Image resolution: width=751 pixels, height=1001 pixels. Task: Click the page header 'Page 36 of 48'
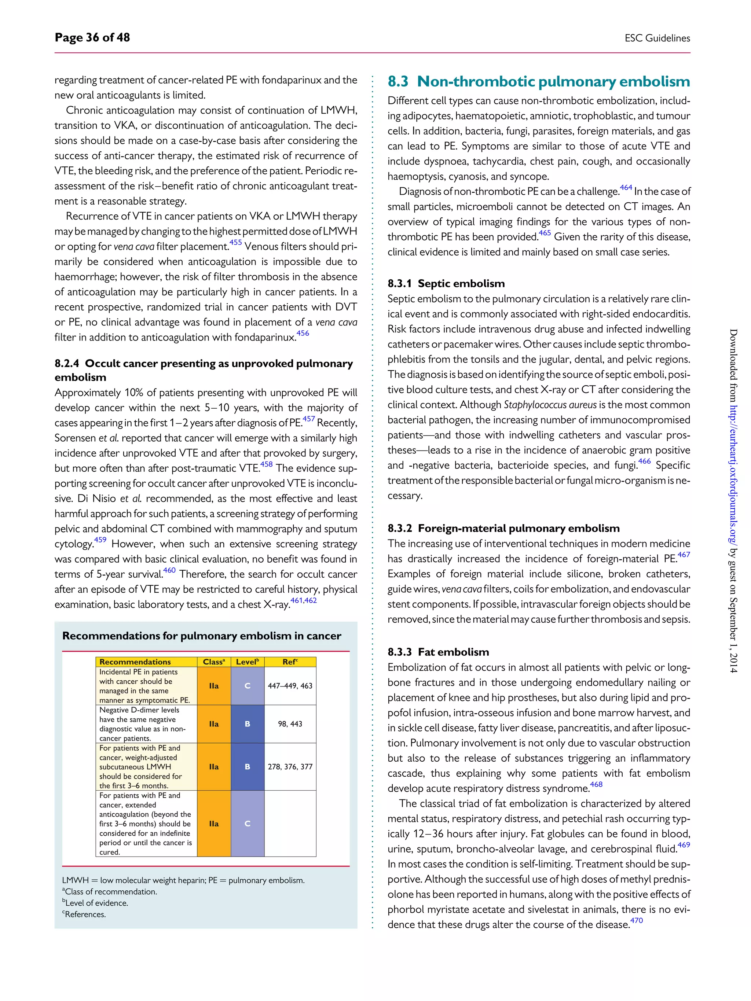tap(92, 37)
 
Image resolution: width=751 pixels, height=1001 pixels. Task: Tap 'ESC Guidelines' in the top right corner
tap(657, 38)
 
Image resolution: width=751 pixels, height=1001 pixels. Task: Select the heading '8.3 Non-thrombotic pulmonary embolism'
tap(538, 81)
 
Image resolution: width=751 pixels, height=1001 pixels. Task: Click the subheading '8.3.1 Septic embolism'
tap(446, 284)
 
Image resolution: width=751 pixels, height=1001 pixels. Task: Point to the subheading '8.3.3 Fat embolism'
tap(438, 652)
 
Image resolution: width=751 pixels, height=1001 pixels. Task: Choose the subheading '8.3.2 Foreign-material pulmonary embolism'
tap(503, 529)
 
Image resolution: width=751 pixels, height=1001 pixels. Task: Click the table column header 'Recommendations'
tap(135, 662)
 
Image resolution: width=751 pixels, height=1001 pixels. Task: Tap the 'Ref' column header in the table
tap(290, 662)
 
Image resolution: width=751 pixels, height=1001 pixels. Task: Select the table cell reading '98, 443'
tap(290, 724)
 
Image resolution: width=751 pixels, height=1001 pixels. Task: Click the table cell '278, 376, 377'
tap(290, 766)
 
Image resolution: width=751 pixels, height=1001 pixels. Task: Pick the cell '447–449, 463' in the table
tap(290, 685)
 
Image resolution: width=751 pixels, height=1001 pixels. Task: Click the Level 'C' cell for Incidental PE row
tap(247, 685)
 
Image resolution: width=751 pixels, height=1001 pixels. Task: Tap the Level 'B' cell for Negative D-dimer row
tap(247, 724)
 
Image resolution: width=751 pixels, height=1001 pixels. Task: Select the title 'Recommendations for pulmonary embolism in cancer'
tap(201, 636)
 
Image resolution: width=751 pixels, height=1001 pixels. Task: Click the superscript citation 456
tap(303, 334)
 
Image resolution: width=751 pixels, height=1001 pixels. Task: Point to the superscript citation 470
tap(637, 920)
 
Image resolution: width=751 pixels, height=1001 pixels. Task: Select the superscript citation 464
tap(626, 188)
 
